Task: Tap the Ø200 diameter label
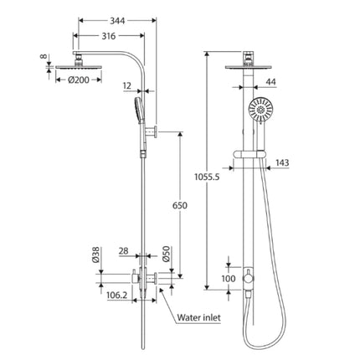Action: [x=80, y=81]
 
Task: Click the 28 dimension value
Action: [x=123, y=250]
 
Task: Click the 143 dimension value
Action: [x=306, y=163]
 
